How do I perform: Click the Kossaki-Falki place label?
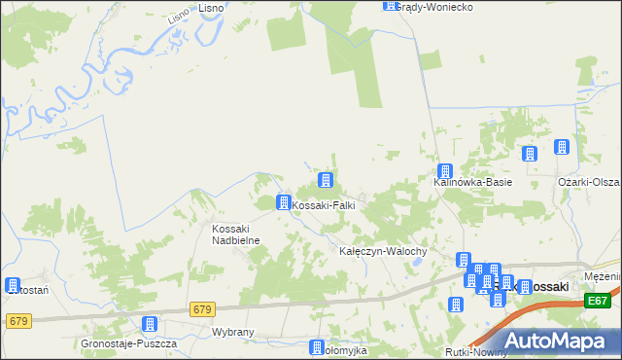point(324,206)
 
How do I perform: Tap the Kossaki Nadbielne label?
point(233,234)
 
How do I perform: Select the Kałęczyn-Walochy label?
point(383,251)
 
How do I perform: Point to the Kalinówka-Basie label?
point(472,182)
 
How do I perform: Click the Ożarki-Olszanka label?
point(589,182)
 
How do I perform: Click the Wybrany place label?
point(232,332)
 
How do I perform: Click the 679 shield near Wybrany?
point(201,309)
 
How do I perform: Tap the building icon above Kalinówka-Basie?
point(443,170)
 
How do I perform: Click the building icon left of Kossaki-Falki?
point(283,202)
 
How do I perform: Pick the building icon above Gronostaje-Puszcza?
point(150,325)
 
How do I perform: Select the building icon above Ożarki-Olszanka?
point(561,147)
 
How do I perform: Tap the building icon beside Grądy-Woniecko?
point(390,5)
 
